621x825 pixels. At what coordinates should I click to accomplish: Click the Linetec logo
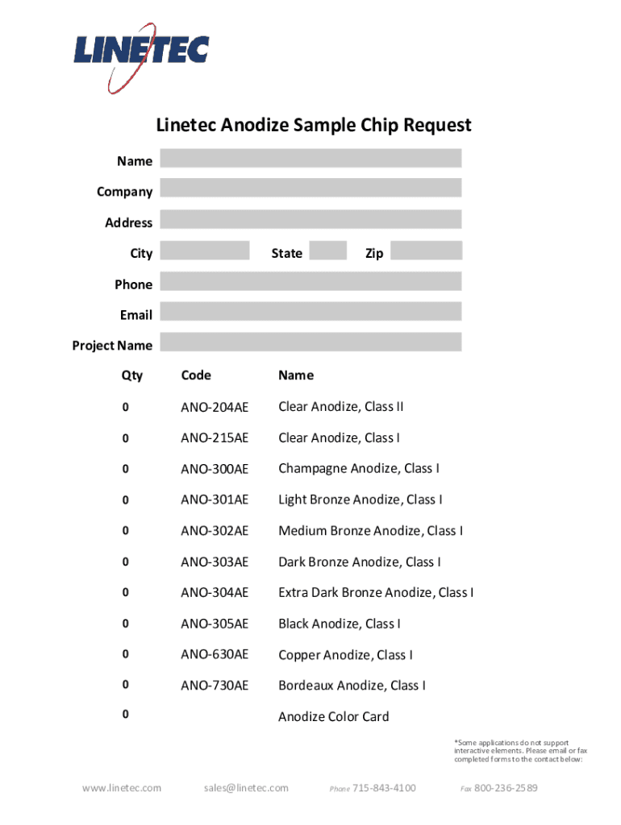pos(141,55)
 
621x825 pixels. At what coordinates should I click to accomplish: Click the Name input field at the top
pos(310,158)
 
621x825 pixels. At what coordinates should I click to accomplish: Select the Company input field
pos(310,189)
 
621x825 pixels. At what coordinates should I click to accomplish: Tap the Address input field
pos(310,219)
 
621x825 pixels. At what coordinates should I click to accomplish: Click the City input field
pos(204,251)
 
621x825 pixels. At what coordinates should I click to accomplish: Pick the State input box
pos(327,251)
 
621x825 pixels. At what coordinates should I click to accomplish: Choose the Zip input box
pos(426,251)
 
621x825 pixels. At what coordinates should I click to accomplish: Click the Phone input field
pos(310,281)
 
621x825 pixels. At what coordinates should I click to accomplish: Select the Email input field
pos(310,312)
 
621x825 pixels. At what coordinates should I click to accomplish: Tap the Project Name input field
pos(310,342)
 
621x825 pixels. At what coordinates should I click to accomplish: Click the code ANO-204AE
pos(215,407)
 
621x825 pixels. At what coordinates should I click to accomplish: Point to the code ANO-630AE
pos(215,655)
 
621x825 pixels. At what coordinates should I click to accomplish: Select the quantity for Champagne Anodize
pos(126,469)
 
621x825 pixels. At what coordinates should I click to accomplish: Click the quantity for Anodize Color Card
pos(126,715)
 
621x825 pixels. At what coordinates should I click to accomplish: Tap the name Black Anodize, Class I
pos(340,624)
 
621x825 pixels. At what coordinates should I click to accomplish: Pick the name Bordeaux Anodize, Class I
pos(352,686)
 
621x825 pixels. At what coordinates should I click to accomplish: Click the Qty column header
pos(131,375)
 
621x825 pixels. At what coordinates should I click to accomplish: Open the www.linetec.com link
pos(122,788)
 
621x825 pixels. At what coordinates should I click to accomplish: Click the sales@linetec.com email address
pos(246,788)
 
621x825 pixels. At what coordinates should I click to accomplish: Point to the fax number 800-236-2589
pos(506,788)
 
